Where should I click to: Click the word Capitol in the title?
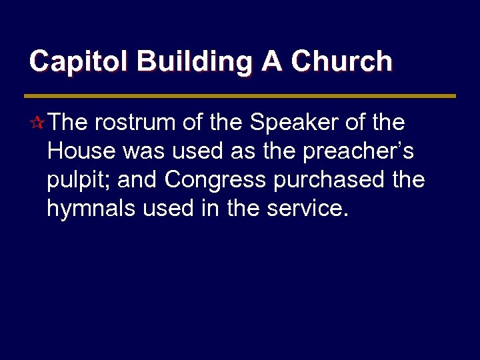coord(79,61)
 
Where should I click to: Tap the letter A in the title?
coord(271,61)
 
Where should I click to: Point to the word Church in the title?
coord(342,61)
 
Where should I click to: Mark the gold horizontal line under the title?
coord(240,96)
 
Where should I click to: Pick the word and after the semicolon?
coord(138,180)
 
